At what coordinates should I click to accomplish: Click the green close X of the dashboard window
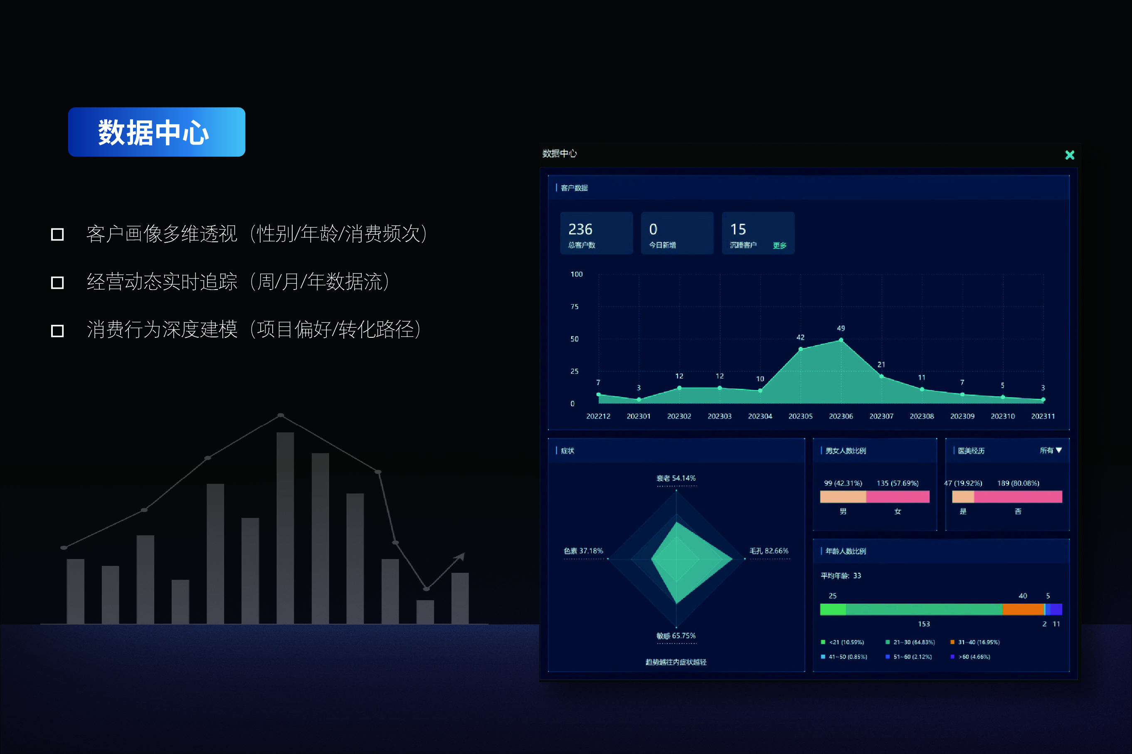tap(1070, 155)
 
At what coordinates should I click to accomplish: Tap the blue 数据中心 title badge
tap(157, 132)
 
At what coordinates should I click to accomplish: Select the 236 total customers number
tap(580, 229)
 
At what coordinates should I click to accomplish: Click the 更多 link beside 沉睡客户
tap(779, 246)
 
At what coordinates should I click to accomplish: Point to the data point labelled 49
tap(841, 340)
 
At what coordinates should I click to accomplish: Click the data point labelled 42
tap(801, 349)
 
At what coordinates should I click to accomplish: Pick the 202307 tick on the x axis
tap(881, 416)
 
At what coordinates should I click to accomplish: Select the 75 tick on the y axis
tap(575, 306)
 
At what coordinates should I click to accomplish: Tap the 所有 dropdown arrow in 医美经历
tap(1059, 450)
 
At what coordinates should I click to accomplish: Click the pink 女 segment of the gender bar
tap(898, 497)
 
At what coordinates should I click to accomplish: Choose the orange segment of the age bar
tap(1023, 610)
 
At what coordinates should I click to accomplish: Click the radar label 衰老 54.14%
tap(676, 479)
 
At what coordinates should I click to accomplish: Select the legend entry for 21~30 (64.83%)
tap(910, 642)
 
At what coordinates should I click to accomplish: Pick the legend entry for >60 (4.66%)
tap(970, 657)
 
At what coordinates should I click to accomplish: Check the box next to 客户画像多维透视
tap(57, 235)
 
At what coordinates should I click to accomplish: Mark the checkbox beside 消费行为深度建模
tap(57, 331)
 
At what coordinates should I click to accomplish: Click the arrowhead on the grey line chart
tap(461, 556)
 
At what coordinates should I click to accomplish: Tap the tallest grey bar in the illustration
tap(285, 528)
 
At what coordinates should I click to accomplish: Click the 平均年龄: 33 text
tap(841, 576)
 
